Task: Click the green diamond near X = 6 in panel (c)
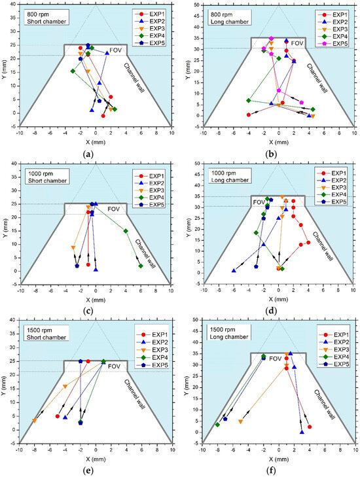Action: point(141,266)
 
